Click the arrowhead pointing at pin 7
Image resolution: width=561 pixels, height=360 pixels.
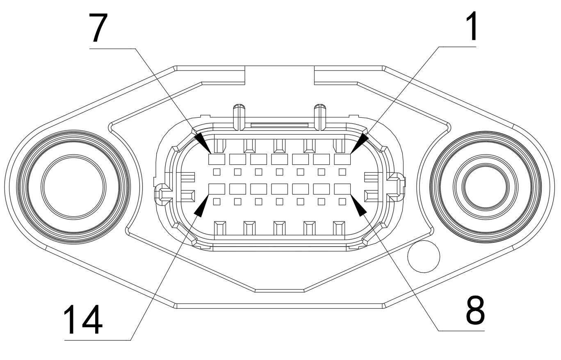201,141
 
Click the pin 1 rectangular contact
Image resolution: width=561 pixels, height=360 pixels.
343,159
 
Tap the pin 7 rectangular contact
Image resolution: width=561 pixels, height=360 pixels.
217,159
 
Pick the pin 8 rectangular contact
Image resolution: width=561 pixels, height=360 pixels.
343,189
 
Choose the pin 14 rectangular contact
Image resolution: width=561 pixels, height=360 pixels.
217,189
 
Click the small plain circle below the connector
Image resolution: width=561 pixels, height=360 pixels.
424,257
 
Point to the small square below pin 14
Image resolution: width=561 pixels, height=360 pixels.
217,201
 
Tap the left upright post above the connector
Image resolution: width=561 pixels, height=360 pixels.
238,115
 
